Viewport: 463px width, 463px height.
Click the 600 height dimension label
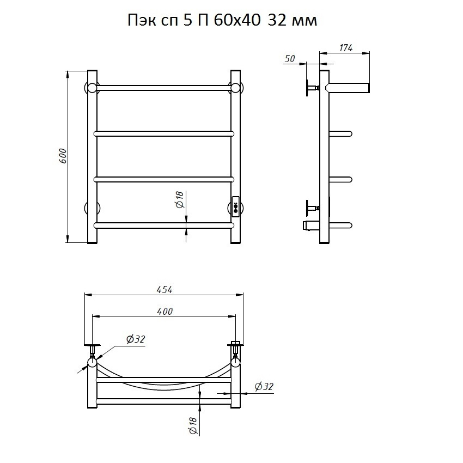63,156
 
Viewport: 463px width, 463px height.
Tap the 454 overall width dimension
165,290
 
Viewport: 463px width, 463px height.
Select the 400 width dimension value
165,311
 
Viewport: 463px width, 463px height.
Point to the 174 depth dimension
346,48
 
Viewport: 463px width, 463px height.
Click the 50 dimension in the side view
290,59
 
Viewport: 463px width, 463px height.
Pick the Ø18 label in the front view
180,199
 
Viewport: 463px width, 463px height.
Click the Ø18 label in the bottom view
192,425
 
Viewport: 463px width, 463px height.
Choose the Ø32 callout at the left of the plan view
136,339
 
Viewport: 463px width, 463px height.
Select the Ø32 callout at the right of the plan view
264,386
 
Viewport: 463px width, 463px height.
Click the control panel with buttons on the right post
236,207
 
